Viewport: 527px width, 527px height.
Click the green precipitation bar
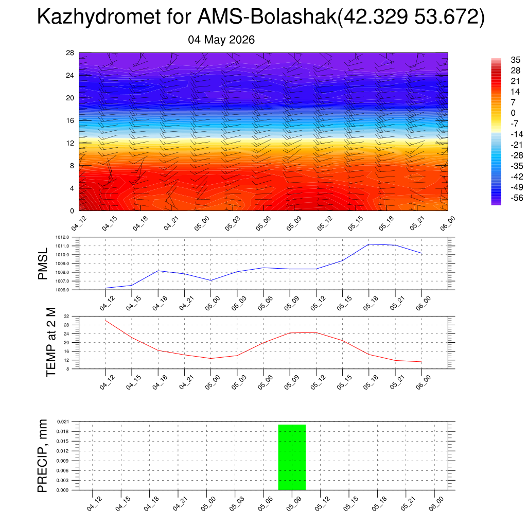[x=292, y=457]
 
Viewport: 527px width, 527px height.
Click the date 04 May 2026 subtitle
[x=221, y=40]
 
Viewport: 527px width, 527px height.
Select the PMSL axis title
[x=43, y=264]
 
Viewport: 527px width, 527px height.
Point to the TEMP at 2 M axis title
[x=51, y=342]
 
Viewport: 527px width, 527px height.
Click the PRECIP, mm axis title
[x=43, y=456]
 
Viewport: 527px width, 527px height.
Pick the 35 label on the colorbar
[x=515, y=60]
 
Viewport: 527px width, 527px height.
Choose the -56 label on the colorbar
[x=517, y=198]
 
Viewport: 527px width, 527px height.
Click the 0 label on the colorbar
[x=513, y=113]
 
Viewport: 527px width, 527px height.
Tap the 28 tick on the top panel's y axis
[x=70, y=53]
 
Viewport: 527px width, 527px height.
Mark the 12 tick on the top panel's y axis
[x=70, y=143]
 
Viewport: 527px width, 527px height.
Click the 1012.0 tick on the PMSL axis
[x=62, y=237]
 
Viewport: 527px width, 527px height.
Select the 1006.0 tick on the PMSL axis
[x=62, y=290]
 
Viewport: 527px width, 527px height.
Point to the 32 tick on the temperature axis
[x=66, y=317]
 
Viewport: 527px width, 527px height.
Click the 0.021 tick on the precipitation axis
[x=63, y=421]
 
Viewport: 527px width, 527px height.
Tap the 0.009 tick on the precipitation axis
[x=63, y=461]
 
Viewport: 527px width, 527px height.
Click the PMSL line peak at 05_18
[x=369, y=244]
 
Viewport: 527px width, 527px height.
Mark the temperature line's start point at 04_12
[x=106, y=320]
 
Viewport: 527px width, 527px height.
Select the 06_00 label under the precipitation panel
[x=436, y=504]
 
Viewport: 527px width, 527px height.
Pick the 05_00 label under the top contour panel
[x=202, y=223]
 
